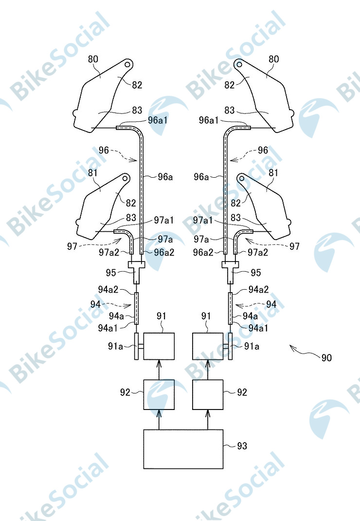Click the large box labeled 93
point(183,449)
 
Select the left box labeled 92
point(159,394)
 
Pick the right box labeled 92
point(208,394)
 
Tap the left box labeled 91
point(159,346)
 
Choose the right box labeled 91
point(208,346)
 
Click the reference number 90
point(326,357)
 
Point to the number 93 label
point(242,446)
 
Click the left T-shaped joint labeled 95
point(137,272)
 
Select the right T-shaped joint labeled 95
point(230,272)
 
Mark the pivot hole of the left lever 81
point(125,178)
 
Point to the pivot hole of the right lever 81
point(242,178)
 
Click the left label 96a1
point(158,120)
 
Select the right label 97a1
point(203,220)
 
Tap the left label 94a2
point(108,289)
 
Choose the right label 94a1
point(258,328)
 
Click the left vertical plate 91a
point(136,346)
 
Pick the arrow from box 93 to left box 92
point(159,419)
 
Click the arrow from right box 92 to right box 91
point(208,370)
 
